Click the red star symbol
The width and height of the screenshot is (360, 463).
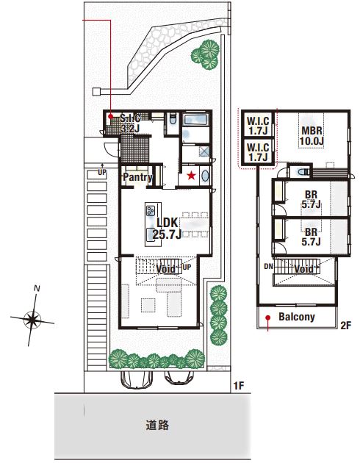[191, 176]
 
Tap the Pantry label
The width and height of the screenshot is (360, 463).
[137, 177]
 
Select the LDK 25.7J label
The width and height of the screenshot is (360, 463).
[167, 229]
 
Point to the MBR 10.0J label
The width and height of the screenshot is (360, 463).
[312, 136]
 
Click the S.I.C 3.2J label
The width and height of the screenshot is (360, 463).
[130, 123]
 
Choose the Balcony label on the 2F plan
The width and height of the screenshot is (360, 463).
[297, 317]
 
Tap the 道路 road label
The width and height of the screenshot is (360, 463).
[157, 425]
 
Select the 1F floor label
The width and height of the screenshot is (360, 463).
[239, 386]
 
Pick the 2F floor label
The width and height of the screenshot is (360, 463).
[346, 326]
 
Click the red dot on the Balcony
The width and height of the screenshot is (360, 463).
[267, 317]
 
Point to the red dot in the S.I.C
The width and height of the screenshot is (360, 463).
[110, 116]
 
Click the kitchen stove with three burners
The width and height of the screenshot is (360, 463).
[151, 210]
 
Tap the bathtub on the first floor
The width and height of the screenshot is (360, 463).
[196, 121]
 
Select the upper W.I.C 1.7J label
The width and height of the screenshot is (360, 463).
[258, 126]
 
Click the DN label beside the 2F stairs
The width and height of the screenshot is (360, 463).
[268, 267]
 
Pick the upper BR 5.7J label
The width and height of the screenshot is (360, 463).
[311, 200]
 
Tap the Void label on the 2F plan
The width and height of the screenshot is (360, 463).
[304, 269]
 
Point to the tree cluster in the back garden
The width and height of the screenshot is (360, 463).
[206, 54]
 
